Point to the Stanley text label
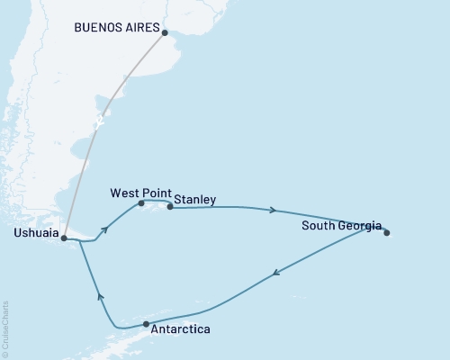click(194, 201)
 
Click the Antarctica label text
click(183, 330)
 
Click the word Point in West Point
click(157, 193)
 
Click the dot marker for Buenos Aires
click(164, 32)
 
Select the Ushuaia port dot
click(63, 238)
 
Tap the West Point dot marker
click(141, 203)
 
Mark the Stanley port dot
click(170, 207)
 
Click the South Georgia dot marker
click(387, 233)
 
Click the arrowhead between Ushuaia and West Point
click(105, 229)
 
